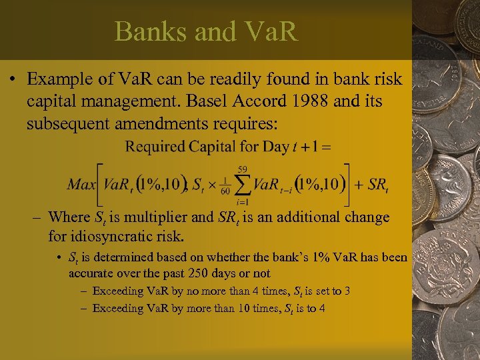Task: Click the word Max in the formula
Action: [81, 184]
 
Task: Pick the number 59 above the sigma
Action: [244, 168]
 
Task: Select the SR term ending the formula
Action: [378, 185]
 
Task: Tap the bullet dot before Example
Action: [13, 80]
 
